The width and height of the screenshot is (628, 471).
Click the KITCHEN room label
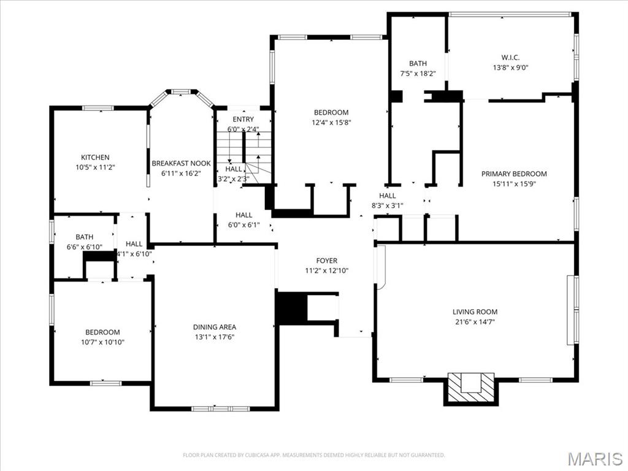[95, 158]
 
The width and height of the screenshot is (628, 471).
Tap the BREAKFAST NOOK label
[181, 163]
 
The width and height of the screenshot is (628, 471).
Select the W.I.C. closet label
[510, 58]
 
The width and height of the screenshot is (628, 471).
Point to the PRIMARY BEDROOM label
[514, 174]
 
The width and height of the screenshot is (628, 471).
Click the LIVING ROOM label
[475, 312]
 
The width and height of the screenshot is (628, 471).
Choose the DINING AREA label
[214, 327]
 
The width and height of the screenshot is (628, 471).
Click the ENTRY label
[243, 119]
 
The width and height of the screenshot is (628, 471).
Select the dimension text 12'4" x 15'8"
[331, 122]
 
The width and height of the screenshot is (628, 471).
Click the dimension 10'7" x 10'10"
[102, 342]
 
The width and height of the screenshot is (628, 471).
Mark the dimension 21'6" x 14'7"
[475, 321]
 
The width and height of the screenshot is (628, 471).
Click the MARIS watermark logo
[594, 458]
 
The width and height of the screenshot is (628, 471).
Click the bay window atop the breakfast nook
[180, 92]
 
